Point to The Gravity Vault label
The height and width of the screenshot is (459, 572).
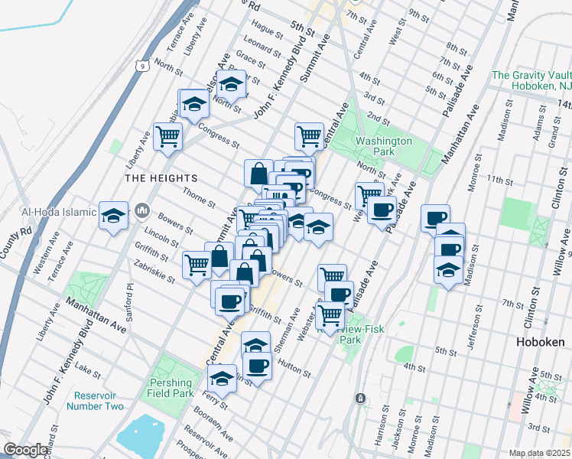point(532,75)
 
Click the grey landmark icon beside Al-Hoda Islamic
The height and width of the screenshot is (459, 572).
point(142,210)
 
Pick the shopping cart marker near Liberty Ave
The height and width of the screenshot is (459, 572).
point(167,136)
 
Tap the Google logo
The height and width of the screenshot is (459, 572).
point(25,450)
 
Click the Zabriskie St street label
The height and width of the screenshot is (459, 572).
point(161,265)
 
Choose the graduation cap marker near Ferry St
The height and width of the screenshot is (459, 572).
point(223,378)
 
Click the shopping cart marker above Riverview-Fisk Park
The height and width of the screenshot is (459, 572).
point(330,314)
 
